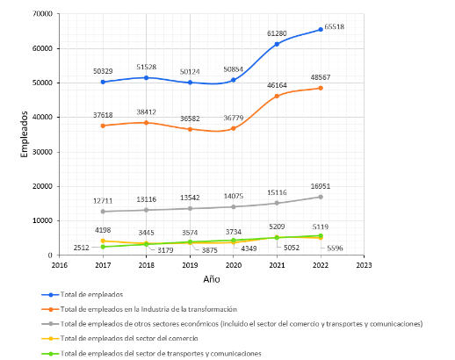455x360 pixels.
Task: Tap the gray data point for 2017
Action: click(103, 212)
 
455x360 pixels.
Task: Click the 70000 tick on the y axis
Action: click(40, 14)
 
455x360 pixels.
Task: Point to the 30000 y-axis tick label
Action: click(40, 152)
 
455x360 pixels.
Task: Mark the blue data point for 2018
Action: click(146, 78)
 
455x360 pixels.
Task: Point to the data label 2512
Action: click(82, 248)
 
